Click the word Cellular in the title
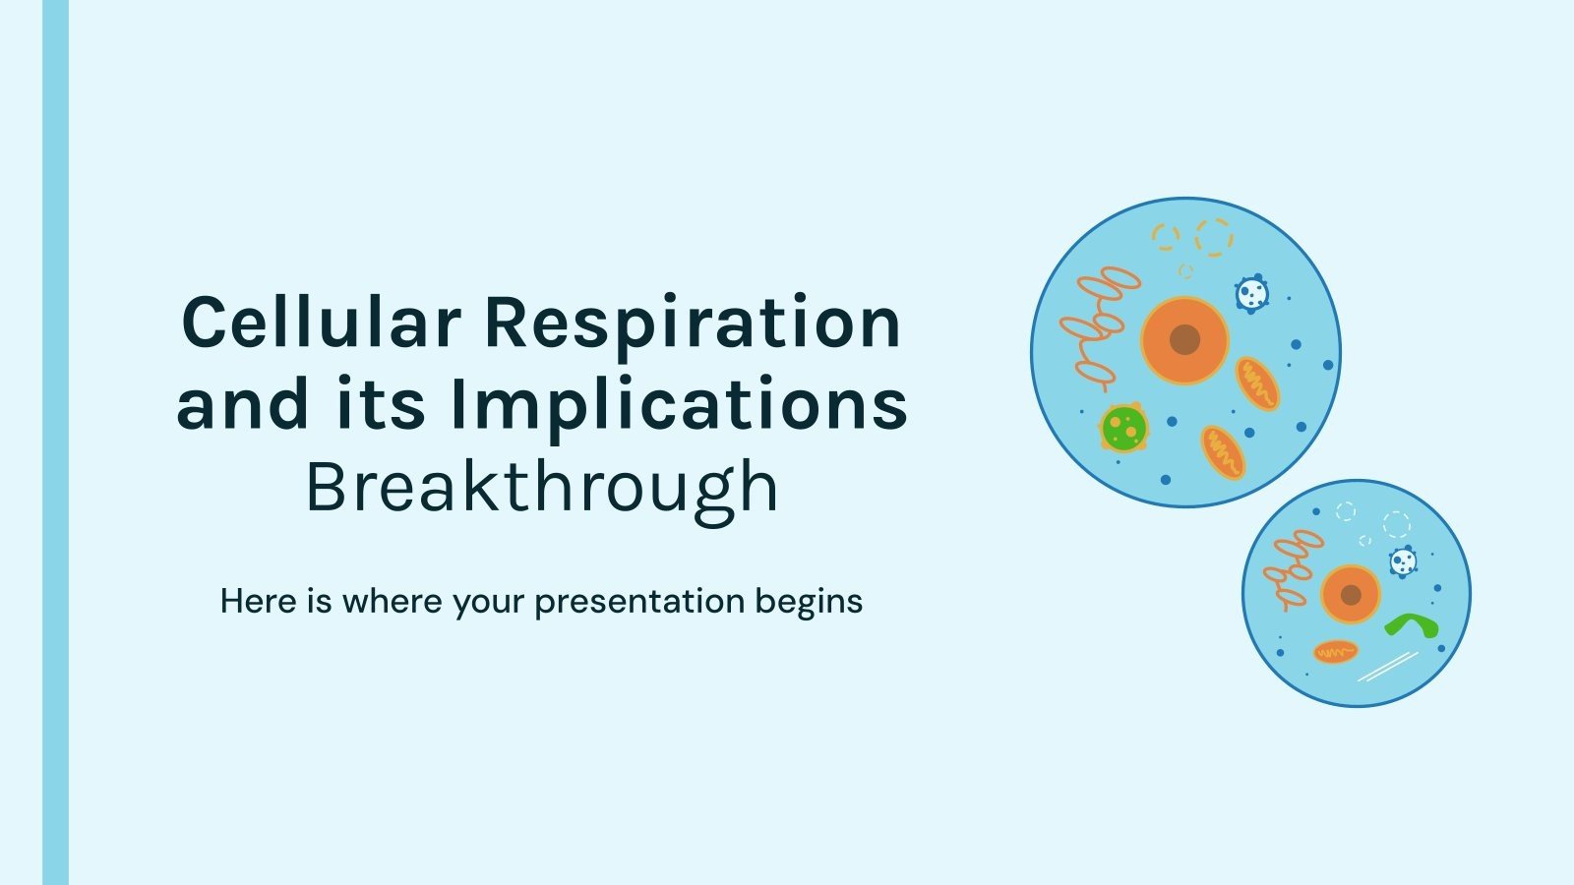[321, 323]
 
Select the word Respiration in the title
[693, 323]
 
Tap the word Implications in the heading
[679, 405]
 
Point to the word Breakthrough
[542, 487]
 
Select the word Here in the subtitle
[259, 601]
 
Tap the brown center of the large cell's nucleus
[1185, 340]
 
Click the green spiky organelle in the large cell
[1123, 428]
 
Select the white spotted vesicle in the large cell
[1251, 293]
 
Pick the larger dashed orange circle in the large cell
[1214, 237]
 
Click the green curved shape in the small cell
[1412, 625]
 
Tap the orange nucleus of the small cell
[1351, 595]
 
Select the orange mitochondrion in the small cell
[1336, 651]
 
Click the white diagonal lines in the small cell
[1387, 666]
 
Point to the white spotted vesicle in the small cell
[1403, 561]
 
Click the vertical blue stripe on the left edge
[56, 442]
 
